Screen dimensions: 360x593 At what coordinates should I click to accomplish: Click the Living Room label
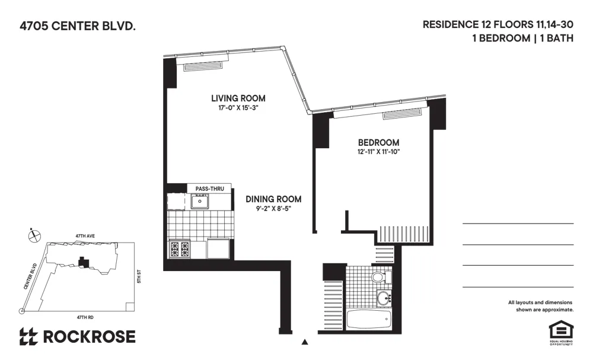(x=238, y=98)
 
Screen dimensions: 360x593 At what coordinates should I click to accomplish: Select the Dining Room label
(x=273, y=199)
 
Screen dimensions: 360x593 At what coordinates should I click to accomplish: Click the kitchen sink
(x=201, y=202)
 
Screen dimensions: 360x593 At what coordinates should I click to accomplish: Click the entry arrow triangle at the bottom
(x=305, y=342)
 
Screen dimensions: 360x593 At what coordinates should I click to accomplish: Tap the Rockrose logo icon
(x=28, y=337)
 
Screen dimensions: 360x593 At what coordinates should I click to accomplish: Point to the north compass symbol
(x=34, y=235)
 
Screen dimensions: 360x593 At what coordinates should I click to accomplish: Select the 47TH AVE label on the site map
(x=84, y=235)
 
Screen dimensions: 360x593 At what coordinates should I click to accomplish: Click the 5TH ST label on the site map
(x=138, y=276)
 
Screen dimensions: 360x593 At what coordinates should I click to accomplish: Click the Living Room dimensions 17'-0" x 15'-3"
(x=238, y=108)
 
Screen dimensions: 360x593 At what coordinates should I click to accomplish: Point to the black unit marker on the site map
(x=83, y=261)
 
